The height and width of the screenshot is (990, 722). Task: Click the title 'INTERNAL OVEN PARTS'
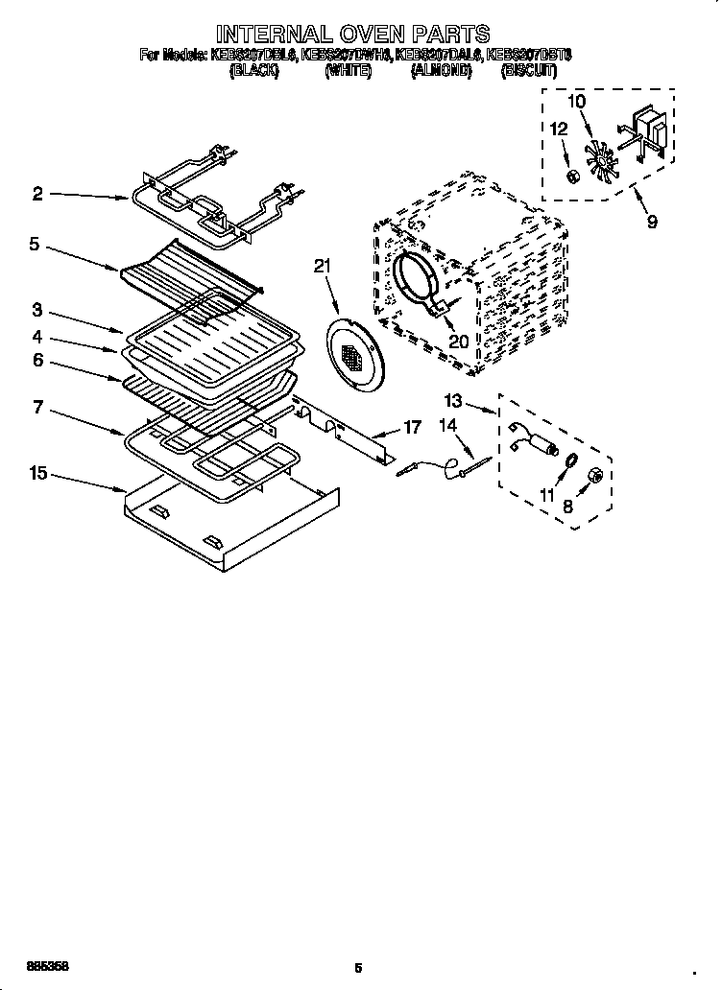coord(352,35)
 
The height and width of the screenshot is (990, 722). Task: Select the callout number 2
coord(36,194)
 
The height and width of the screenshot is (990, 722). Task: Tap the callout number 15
coord(38,473)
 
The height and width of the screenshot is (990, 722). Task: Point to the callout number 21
coord(323,266)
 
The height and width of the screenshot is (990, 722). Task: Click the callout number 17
coord(411,428)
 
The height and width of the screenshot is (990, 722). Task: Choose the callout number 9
coord(652,222)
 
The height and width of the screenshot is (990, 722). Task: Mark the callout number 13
coord(453,400)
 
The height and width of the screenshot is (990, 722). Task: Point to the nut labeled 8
coord(592,475)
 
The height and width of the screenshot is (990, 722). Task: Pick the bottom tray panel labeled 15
coord(230,523)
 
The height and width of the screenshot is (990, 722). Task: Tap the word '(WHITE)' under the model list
coord(348,70)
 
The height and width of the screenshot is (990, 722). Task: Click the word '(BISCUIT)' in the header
coord(528,70)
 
